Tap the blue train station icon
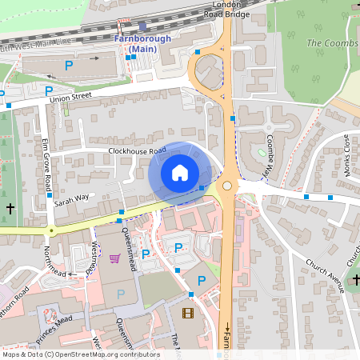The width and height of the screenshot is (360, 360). click(x=142, y=26)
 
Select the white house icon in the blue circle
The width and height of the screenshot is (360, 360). click(x=180, y=172)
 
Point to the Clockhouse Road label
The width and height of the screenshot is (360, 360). click(x=137, y=150)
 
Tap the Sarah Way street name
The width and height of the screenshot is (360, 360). click(x=70, y=200)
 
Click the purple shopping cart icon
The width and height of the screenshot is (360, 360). click(x=114, y=258)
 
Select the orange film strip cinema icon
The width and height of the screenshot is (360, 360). click(x=187, y=314)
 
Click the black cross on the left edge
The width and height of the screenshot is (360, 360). click(x=10, y=208)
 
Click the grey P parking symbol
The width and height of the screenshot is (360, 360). click(x=121, y=294)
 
